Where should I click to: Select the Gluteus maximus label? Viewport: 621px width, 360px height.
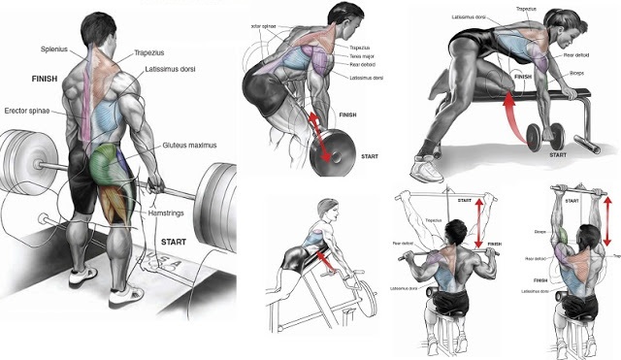pos(189,146)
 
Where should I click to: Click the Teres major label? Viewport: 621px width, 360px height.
pos(335,56)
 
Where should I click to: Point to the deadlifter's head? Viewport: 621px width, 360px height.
pos(99,30)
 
